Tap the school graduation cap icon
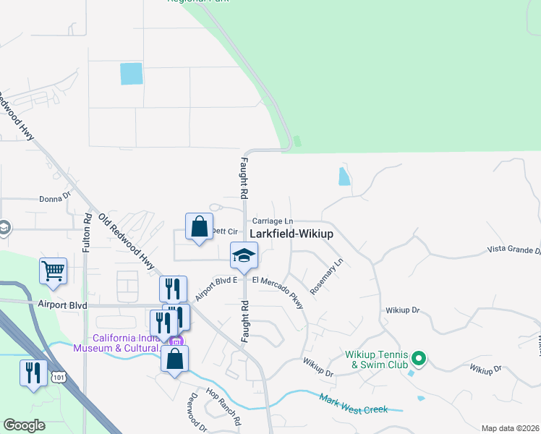coord(244,255)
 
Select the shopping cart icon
coord(53,271)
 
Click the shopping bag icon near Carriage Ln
coord(199,227)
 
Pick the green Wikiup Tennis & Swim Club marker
coord(418,358)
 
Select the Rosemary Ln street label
coord(326,276)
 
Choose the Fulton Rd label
coord(86,231)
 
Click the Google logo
coord(24,425)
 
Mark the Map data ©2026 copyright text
coord(510,428)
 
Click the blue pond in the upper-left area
coord(132,74)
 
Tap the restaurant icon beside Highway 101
coord(33,374)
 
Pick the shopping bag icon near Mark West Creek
coord(175,359)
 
